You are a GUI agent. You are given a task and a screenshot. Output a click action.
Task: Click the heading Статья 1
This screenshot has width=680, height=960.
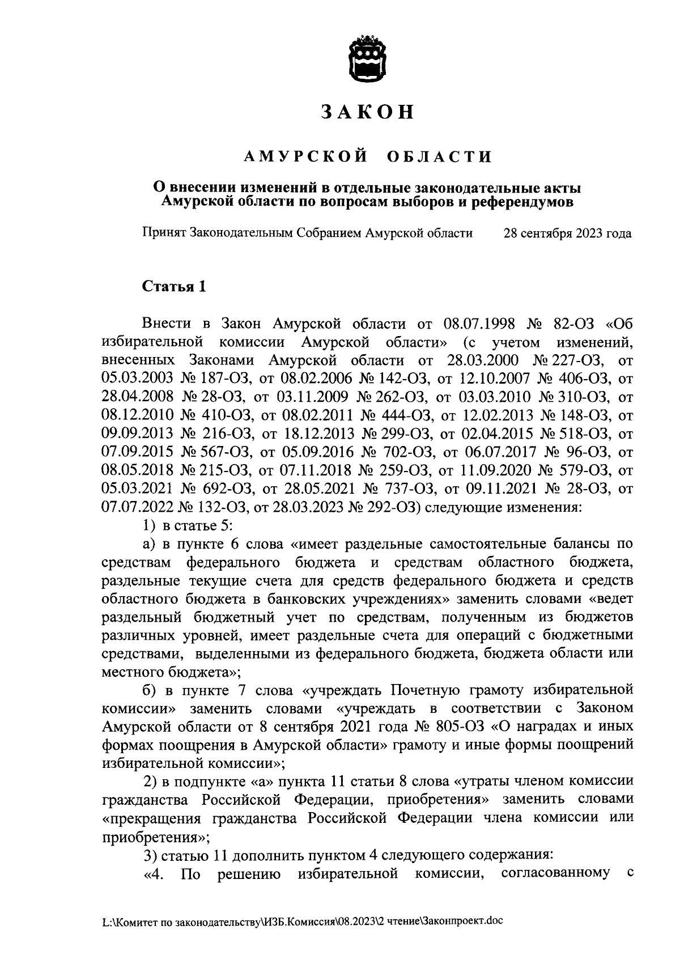click(173, 287)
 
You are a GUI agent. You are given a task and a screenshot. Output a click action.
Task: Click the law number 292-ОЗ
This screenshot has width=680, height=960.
click(381, 507)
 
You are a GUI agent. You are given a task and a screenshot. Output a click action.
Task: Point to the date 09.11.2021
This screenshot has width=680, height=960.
click(500, 489)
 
